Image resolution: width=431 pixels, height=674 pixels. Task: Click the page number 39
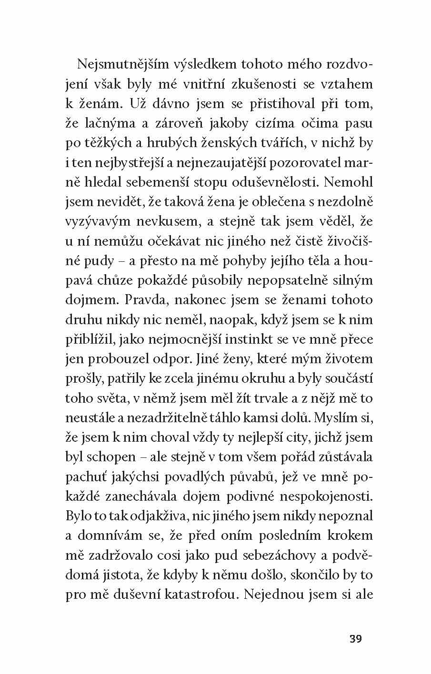pos(355,639)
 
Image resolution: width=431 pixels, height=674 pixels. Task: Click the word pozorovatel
pos(302,163)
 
